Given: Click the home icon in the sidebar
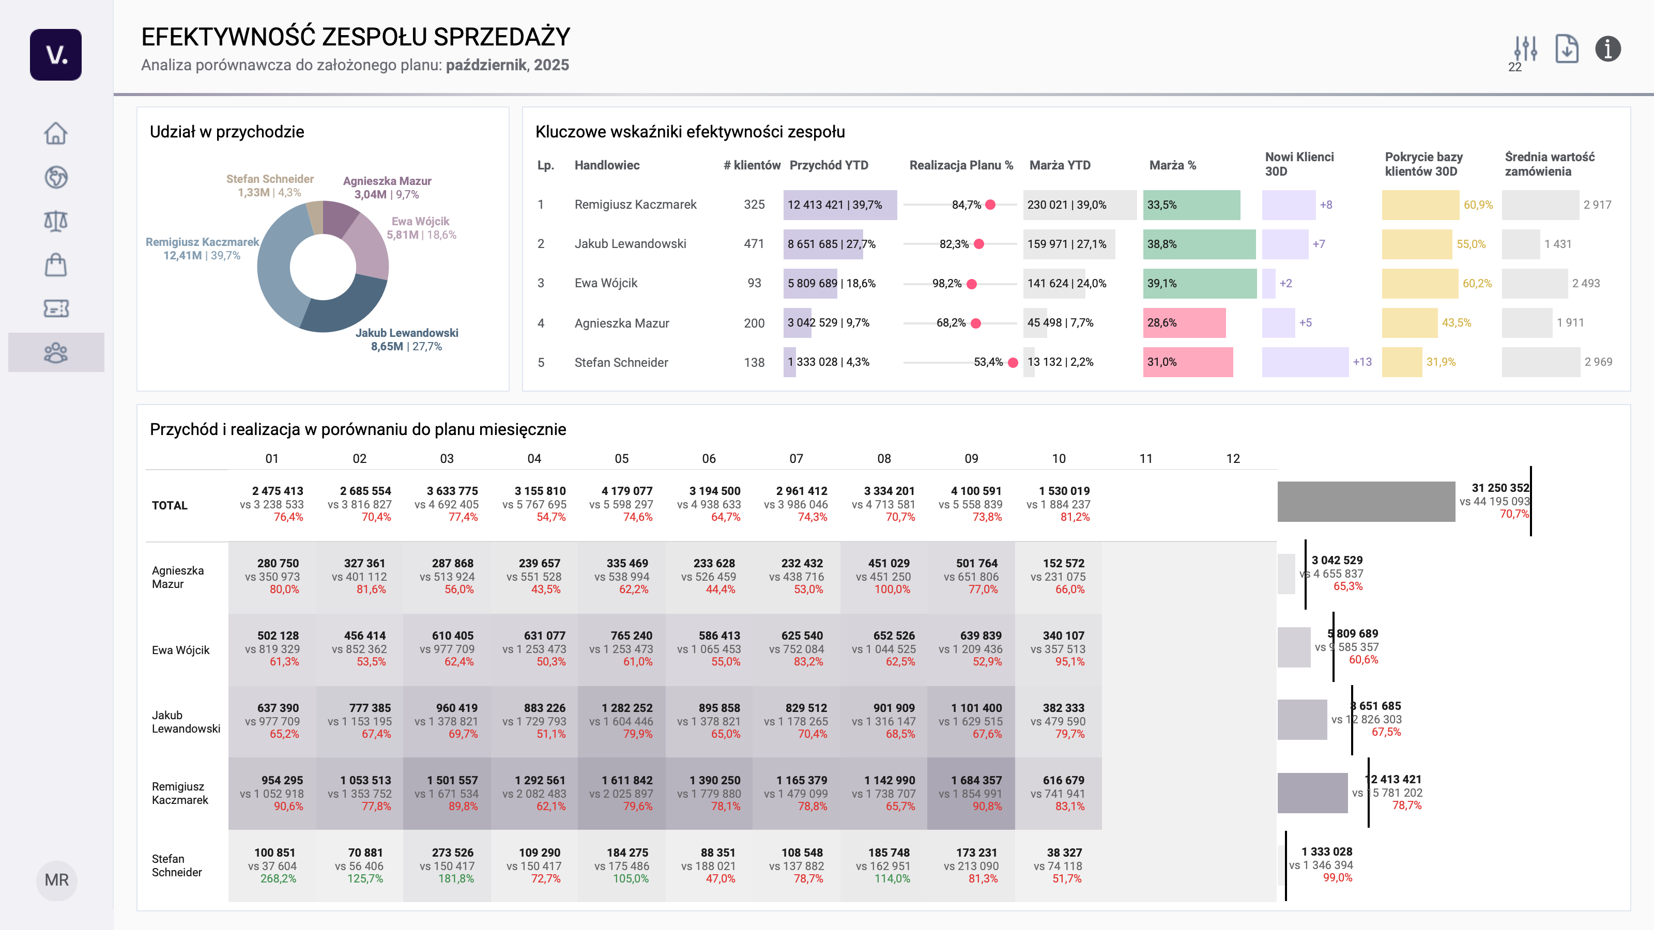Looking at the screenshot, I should tap(56, 133).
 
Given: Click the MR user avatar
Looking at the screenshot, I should tap(56, 880).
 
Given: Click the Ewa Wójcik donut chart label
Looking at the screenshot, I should tap(421, 228).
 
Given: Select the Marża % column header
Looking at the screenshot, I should tap(1172, 165).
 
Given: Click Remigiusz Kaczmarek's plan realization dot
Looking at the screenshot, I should tap(991, 205).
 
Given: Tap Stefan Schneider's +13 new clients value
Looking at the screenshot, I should tap(1362, 362).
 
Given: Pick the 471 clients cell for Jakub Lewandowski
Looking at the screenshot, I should tap(754, 244).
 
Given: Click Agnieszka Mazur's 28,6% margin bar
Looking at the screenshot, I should tap(1184, 323).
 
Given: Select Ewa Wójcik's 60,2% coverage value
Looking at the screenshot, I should tap(1477, 284).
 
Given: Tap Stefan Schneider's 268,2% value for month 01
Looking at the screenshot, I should tap(278, 879).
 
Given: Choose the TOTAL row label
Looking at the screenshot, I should tap(170, 505).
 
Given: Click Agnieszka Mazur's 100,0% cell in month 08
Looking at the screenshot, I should tap(892, 589).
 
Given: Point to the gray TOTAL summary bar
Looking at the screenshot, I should tap(1366, 501).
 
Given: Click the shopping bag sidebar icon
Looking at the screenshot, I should tap(56, 265).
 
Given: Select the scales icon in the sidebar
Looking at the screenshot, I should tap(56, 221).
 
